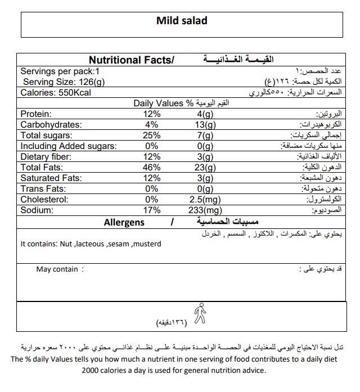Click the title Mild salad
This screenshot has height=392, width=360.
coord(181,21)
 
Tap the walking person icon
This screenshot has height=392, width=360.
coord(199,313)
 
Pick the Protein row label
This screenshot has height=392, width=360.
coord(36,114)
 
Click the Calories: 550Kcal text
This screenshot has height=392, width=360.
coord(55,93)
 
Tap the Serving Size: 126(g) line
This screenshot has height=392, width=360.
coord(64,82)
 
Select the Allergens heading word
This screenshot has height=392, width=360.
coord(124,223)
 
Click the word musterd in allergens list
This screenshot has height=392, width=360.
coord(147,244)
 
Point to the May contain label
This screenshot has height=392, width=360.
coord(57,269)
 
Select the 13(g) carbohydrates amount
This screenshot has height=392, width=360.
coord(202,124)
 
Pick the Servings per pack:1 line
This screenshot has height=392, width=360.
coord(60,71)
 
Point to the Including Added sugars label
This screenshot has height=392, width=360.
coord(68,146)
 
